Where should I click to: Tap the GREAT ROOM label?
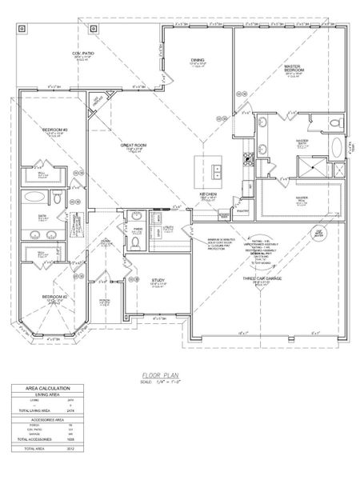click(132, 146)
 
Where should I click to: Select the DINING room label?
click(198, 59)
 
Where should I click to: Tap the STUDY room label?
click(158, 281)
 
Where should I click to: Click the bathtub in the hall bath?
click(37, 197)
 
